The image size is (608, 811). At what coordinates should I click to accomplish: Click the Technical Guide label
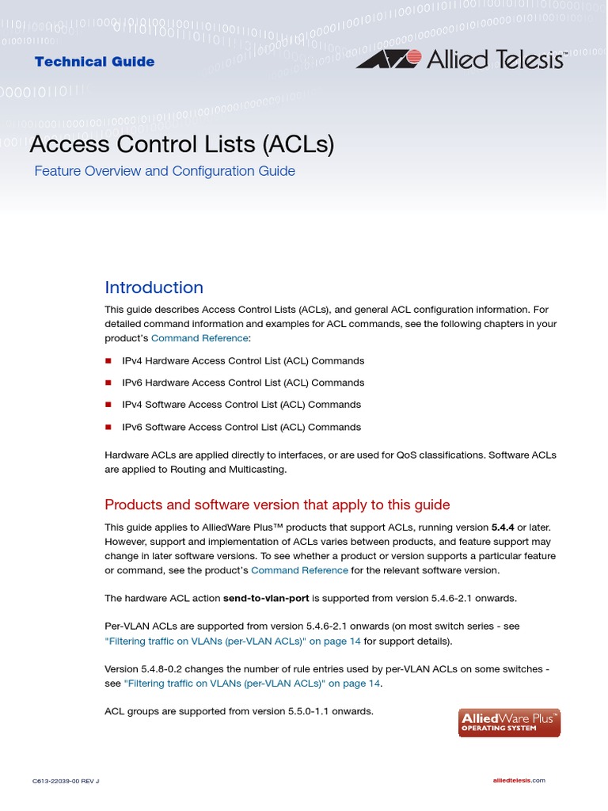pyautogui.click(x=94, y=62)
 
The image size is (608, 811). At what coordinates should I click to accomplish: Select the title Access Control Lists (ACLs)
pyautogui.click(x=181, y=145)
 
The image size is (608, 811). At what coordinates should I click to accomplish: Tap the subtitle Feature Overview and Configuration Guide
pyautogui.click(x=165, y=171)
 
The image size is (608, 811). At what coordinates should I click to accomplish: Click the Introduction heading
pyautogui.click(x=154, y=287)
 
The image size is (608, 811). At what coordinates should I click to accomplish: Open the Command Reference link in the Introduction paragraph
pyautogui.click(x=199, y=338)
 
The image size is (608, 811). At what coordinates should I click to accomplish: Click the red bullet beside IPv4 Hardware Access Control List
pyautogui.click(x=109, y=361)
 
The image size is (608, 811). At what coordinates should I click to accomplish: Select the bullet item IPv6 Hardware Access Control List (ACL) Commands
pyautogui.click(x=243, y=383)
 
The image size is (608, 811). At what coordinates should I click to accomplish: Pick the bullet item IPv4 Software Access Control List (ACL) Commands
pyautogui.click(x=241, y=405)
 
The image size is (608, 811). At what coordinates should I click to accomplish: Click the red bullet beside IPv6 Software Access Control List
pyautogui.click(x=109, y=428)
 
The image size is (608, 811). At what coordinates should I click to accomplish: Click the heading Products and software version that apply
pyautogui.click(x=277, y=504)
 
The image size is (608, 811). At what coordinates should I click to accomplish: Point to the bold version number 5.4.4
pyautogui.click(x=503, y=527)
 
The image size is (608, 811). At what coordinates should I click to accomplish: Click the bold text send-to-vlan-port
pyautogui.click(x=266, y=598)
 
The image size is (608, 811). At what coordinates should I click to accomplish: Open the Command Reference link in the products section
pyautogui.click(x=298, y=570)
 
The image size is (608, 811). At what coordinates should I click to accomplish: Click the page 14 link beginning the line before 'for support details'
pyautogui.click(x=233, y=642)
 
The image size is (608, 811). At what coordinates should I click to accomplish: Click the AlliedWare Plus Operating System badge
pyautogui.click(x=509, y=722)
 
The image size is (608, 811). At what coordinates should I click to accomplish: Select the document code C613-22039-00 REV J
pyautogui.click(x=66, y=781)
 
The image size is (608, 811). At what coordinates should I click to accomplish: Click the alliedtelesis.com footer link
pyautogui.click(x=519, y=781)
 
